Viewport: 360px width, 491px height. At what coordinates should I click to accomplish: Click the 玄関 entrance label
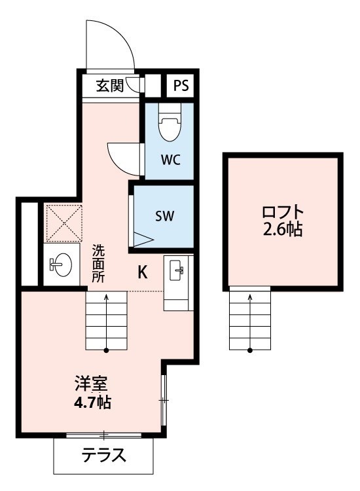pos(109,86)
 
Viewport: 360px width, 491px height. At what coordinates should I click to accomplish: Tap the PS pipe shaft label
pos(181,85)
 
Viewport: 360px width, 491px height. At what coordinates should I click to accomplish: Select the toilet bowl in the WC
pos(170,123)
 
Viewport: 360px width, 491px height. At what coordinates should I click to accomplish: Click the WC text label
pos(171,160)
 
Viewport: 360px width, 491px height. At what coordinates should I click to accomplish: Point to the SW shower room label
pos(165,216)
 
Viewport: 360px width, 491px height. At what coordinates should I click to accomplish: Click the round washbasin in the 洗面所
pos(60,265)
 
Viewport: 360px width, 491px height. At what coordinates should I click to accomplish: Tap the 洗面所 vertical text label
pos(98,264)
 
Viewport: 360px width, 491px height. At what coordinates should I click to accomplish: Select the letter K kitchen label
pos(143,272)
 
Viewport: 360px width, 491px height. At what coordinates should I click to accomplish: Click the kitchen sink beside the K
pos(176,270)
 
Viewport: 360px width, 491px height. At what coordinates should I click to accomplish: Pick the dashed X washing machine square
pos(64,223)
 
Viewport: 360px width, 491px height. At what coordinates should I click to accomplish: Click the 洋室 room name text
pos(92,384)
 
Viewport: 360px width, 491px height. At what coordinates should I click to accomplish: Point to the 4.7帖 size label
pos(92,403)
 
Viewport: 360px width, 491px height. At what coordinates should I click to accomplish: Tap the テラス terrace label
pos(104,455)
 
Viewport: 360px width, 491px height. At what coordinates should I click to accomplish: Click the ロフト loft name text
pos(283,212)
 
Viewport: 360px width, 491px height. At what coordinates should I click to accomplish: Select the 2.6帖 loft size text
pos(282,230)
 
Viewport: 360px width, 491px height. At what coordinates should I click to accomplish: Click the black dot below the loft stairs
pos(250,350)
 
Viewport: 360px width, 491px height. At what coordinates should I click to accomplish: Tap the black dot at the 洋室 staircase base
pos(107,350)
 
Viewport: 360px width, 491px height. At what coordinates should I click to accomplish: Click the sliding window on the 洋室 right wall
pos(164,400)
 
